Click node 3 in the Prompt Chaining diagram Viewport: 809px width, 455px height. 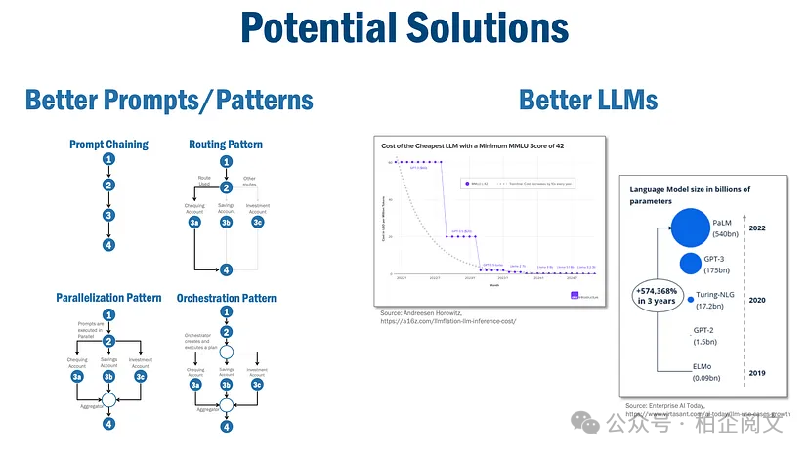[109, 216]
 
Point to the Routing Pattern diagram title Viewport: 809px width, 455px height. [226, 145]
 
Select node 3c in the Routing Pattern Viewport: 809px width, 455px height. [258, 223]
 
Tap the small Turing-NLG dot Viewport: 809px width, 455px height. [691, 298]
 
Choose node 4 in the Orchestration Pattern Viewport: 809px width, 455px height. [227, 426]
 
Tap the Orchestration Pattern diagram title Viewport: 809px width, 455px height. [226, 298]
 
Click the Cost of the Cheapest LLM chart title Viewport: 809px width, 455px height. [473, 145]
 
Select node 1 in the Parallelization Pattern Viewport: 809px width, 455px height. [109, 314]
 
